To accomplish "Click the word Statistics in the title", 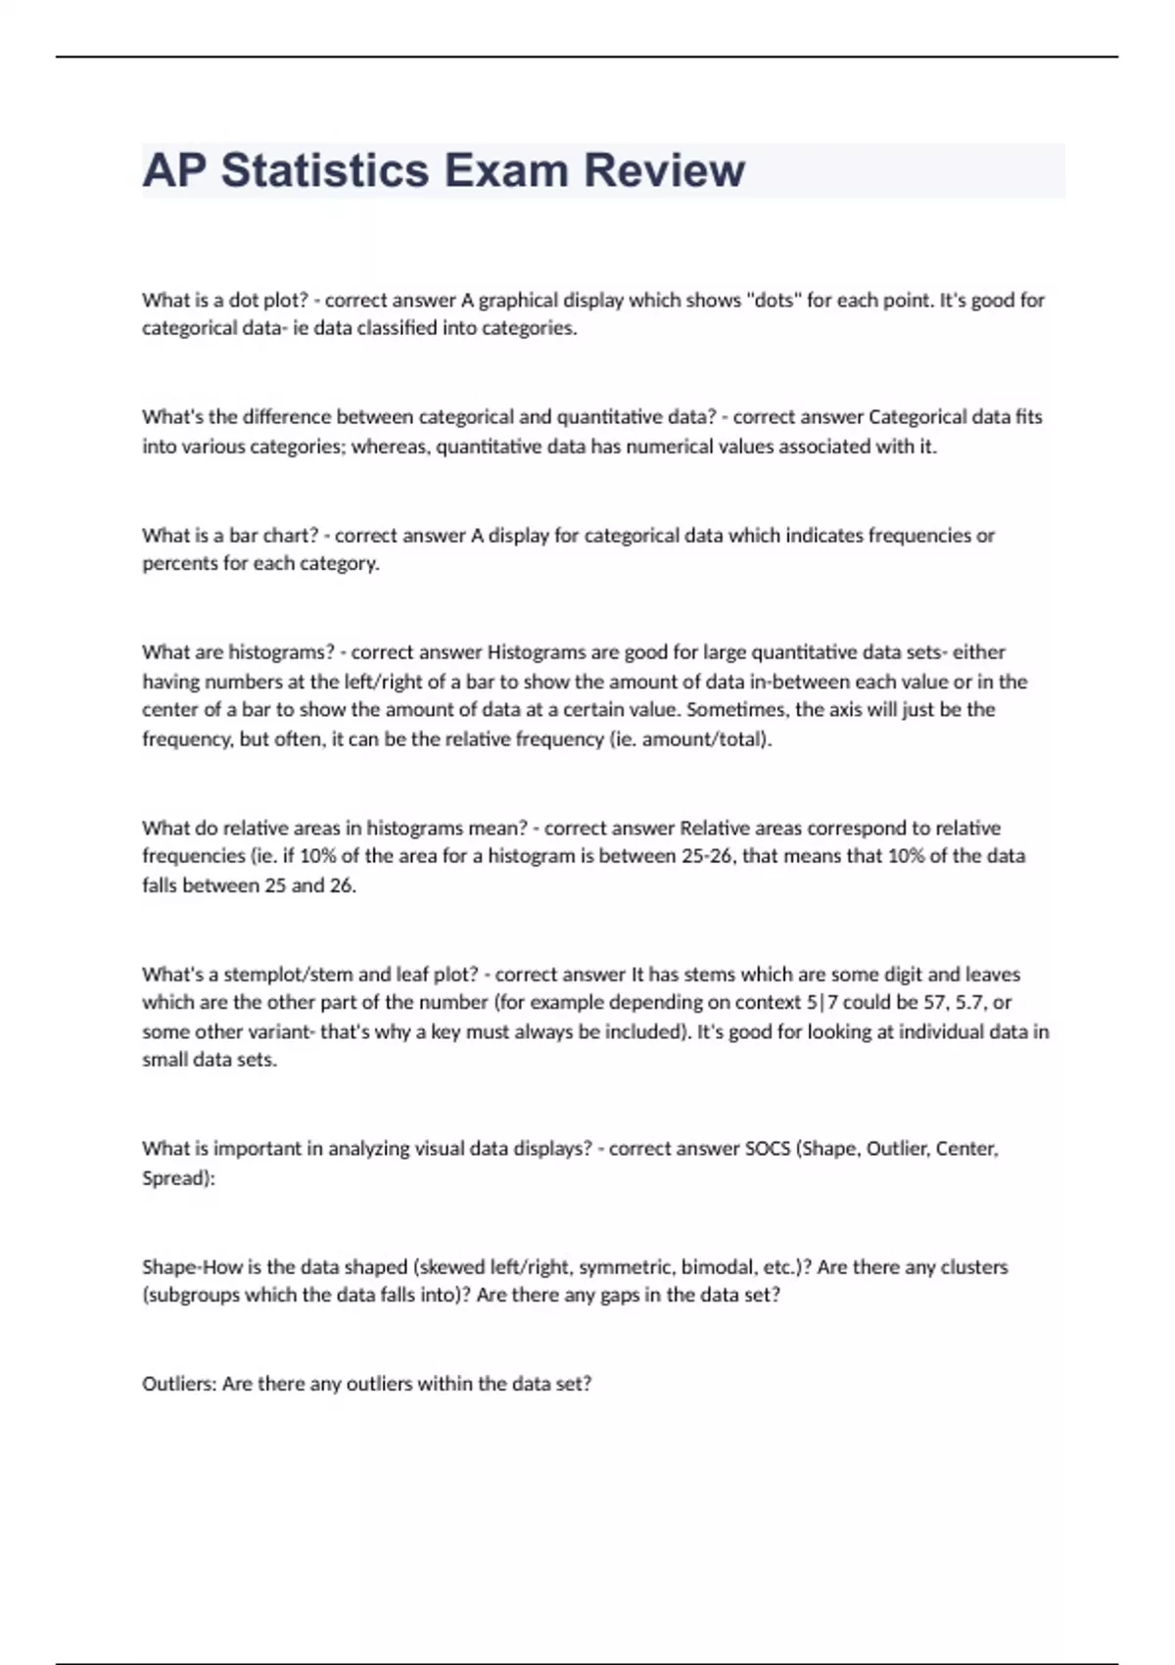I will coord(325,170).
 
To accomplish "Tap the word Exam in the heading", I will coord(506,170).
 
